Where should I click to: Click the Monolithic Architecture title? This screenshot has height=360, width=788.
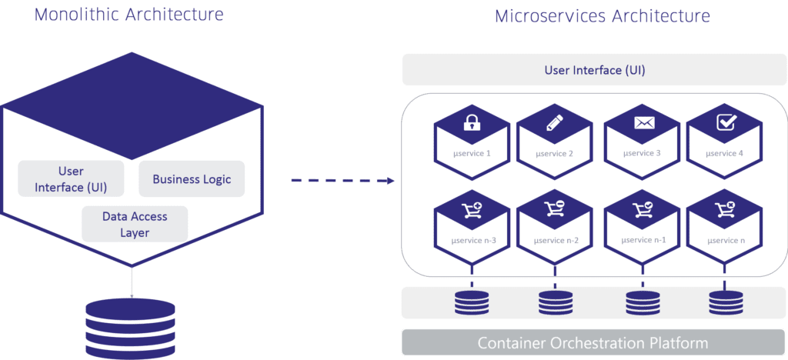coord(129,15)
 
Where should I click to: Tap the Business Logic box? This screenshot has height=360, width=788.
coord(192,179)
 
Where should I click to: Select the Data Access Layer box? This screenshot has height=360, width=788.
coord(135,224)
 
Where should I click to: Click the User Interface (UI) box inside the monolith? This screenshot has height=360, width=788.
coord(71,178)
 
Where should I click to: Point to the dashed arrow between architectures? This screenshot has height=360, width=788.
coord(342,182)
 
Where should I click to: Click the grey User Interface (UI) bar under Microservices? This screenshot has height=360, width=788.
coord(594,71)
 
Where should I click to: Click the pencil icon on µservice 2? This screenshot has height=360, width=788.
coord(554,122)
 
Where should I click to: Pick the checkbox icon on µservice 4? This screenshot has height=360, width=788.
coord(724,122)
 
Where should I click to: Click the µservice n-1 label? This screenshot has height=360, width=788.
coord(643,240)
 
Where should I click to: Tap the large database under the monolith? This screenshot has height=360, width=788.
coord(131,323)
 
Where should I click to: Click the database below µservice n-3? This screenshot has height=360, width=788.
coord(471,302)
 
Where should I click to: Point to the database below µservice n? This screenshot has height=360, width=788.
coord(724,302)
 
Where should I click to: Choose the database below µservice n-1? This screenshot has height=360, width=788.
coord(643,302)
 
